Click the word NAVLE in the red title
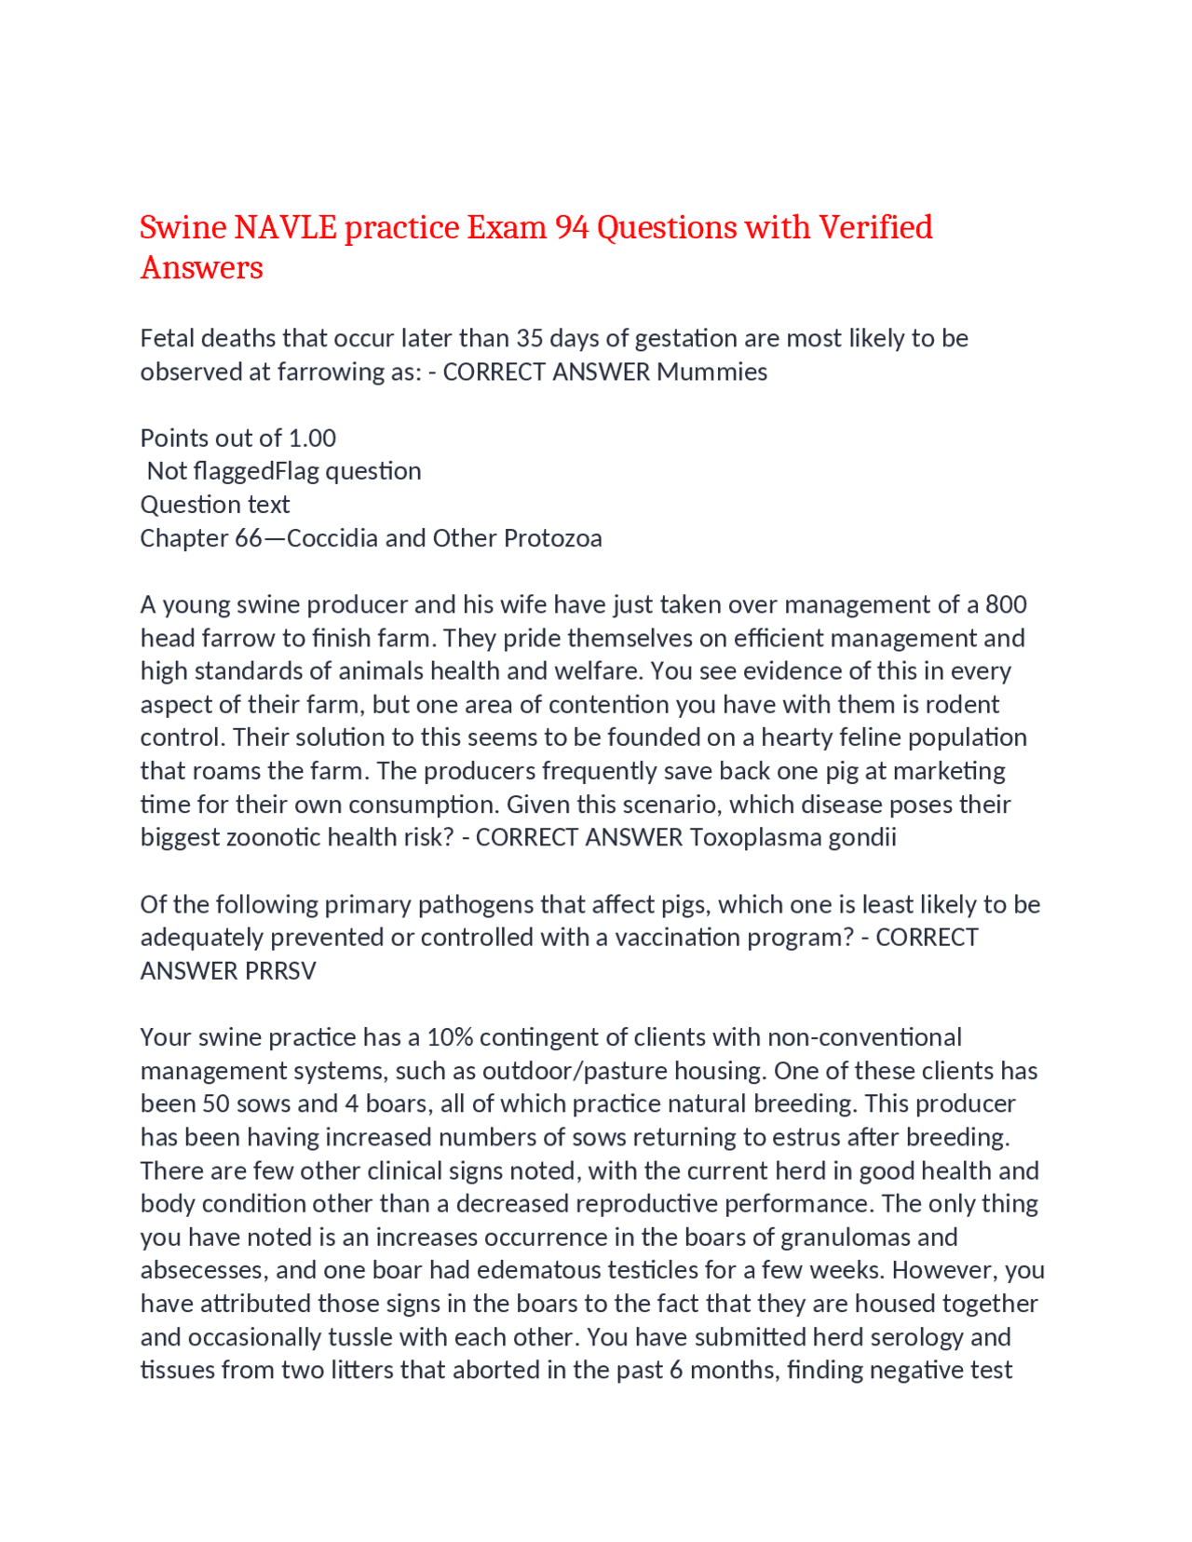pos(285,227)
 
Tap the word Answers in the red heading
pos(201,268)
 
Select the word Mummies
pos(711,372)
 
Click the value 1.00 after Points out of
pos(312,438)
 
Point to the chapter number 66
pos(248,538)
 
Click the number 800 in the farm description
pos(1005,604)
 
